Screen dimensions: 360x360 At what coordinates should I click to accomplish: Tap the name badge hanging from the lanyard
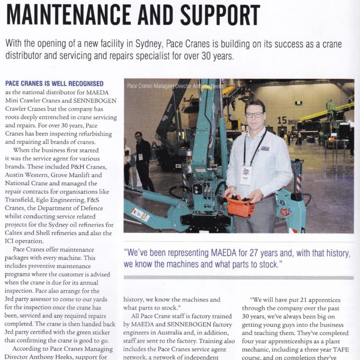pos(246,174)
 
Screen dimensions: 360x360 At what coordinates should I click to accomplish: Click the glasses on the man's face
pos(255,114)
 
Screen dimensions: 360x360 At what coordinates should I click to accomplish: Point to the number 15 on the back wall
pos(283,121)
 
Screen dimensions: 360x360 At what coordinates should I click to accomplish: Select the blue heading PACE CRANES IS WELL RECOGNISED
pos(54,84)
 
